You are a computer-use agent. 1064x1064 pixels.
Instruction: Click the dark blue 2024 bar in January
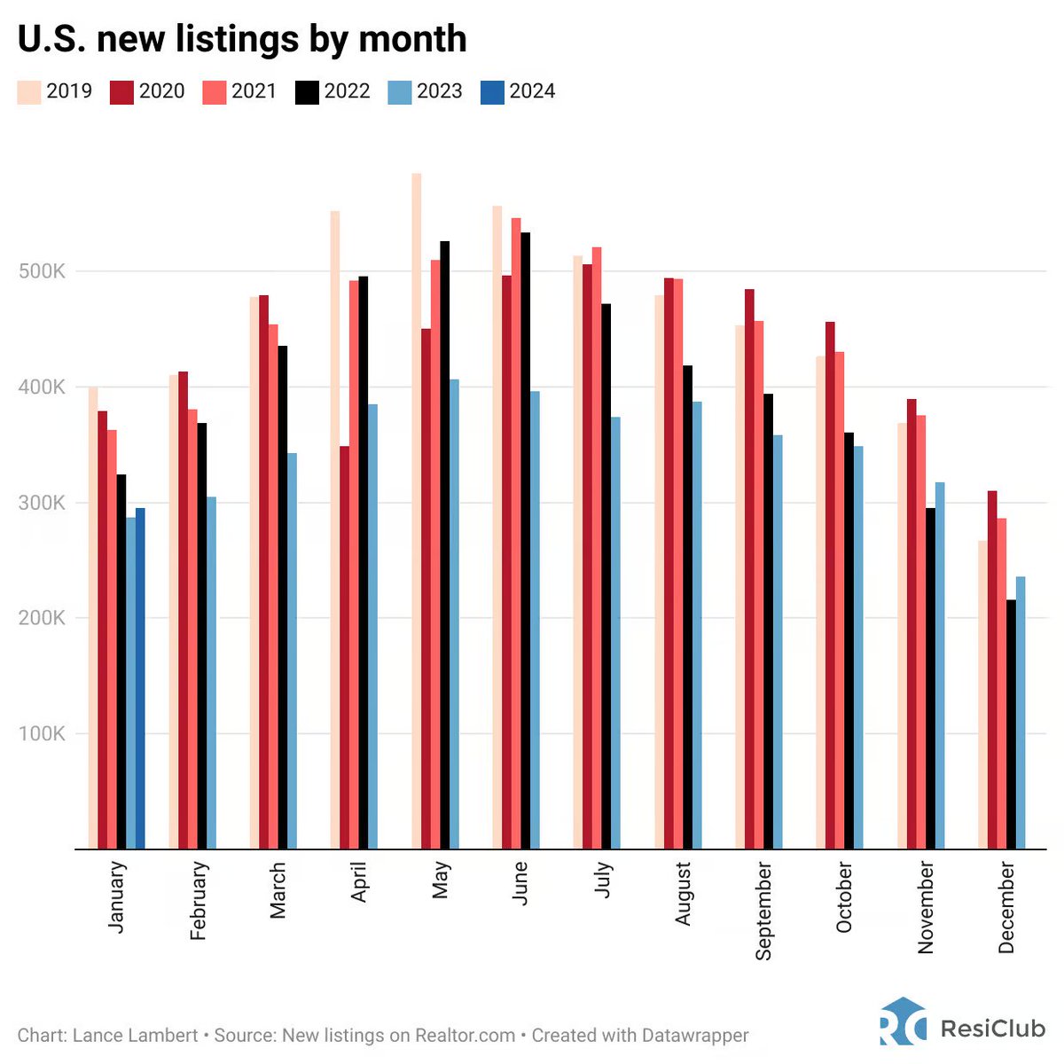tap(140, 678)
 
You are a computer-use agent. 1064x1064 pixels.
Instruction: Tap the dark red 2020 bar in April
tap(345, 647)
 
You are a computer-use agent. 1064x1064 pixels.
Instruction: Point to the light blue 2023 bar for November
tap(940, 665)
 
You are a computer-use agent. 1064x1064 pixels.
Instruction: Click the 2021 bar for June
tap(515, 533)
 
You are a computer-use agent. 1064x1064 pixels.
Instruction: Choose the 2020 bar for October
tap(830, 585)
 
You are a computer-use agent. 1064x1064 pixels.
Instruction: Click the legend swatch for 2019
tap(29, 91)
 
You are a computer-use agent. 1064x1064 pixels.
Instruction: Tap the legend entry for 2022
tap(332, 91)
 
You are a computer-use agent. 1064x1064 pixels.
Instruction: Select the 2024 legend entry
tap(518, 91)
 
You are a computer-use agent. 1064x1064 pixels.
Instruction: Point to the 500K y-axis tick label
tap(42, 271)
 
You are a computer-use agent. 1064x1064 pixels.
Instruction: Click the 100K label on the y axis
tap(42, 734)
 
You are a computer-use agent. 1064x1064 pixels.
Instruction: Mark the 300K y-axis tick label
tap(42, 503)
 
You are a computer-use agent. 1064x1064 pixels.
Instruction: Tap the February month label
tap(198, 900)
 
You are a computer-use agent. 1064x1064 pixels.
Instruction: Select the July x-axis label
tap(603, 879)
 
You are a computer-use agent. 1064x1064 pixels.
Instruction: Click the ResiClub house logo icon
tap(903, 1021)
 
